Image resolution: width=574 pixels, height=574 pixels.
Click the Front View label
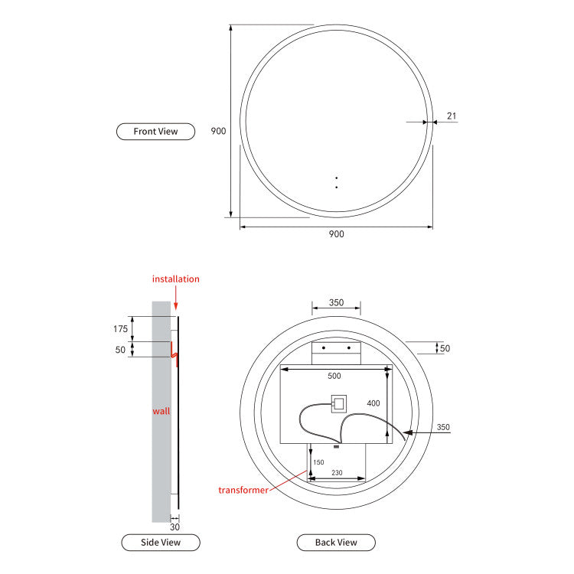[x=155, y=131]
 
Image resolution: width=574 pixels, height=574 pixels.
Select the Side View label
[x=161, y=543]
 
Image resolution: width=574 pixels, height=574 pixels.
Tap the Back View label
[x=336, y=543]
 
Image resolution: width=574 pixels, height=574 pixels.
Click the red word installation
[x=175, y=279]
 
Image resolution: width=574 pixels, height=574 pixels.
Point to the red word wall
[x=161, y=411]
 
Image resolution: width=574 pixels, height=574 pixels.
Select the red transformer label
[x=243, y=490]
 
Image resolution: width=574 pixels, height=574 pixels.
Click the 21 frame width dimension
[x=452, y=116]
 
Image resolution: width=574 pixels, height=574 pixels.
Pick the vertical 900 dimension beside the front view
[x=218, y=131]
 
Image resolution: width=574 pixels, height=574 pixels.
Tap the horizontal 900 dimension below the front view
[x=336, y=234]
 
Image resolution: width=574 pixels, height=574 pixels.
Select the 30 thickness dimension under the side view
[x=174, y=527]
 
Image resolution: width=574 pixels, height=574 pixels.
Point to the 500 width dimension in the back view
[x=334, y=376]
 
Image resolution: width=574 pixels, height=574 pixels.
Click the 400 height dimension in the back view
[x=373, y=403]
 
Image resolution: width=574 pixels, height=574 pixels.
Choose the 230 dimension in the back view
[x=337, y=473]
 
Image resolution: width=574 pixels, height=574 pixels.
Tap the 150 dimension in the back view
[x=318, y=462]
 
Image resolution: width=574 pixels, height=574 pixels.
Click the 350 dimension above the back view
[x=336, y=302]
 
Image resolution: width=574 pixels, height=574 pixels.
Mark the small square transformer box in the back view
[x=338, y=403]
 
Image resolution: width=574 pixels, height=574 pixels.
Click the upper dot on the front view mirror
[x=336, y=178]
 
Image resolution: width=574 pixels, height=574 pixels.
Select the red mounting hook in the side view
[x=174, y=354]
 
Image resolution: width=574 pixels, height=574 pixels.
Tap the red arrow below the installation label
[x=178, y=300]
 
